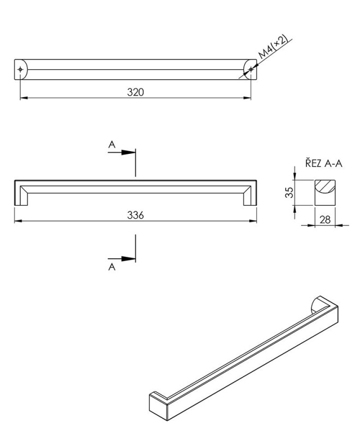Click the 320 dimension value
135,92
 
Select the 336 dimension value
135,215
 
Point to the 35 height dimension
290,192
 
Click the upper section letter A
112,145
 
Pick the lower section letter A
112,267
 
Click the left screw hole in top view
20,69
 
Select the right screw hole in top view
251,69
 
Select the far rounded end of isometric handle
316,306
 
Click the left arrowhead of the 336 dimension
16,221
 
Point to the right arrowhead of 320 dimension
248,98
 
